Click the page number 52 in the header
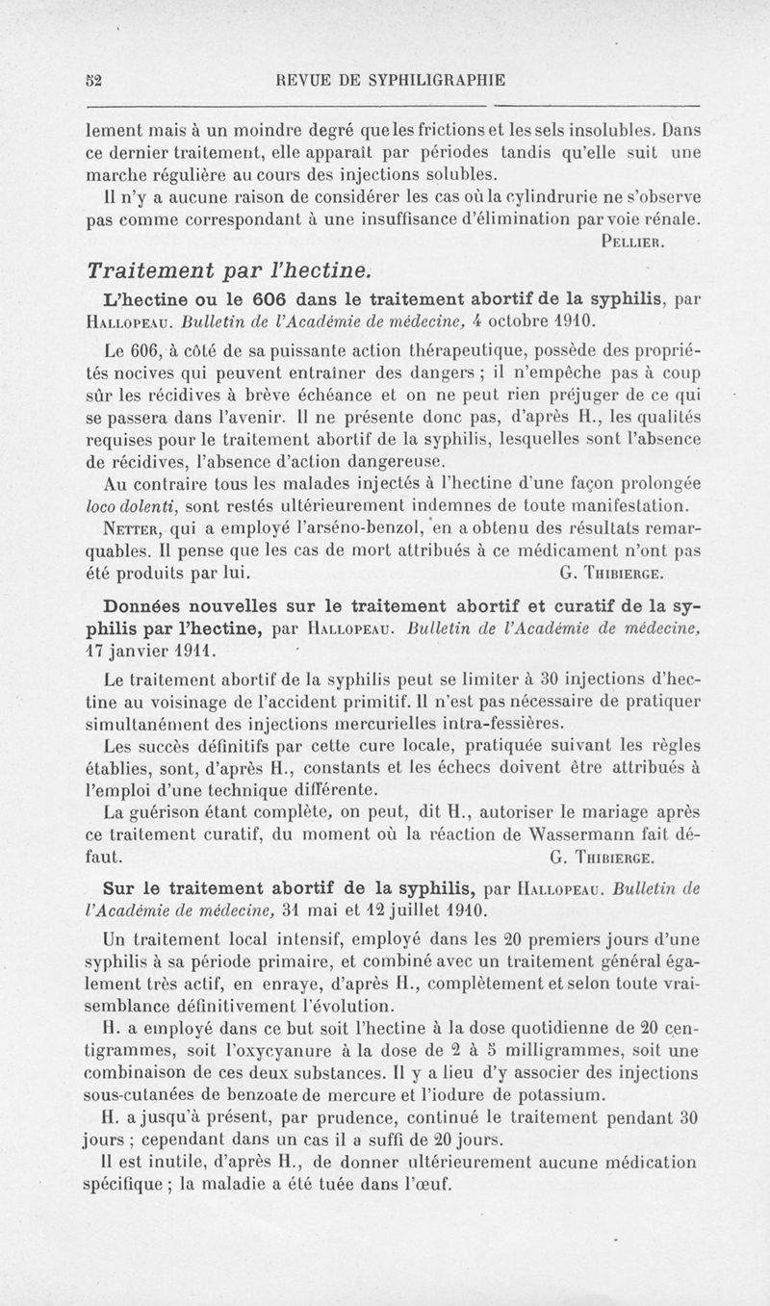point(91,81)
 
